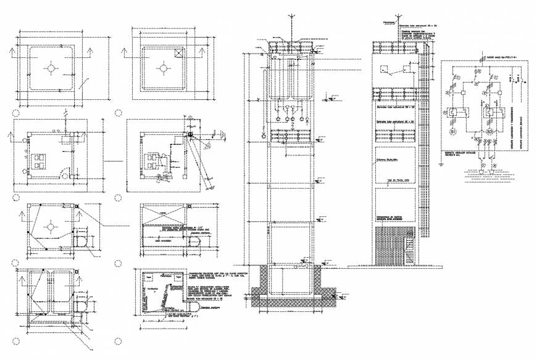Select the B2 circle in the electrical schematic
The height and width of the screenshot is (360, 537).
pyautogui.click(x=488, y=131)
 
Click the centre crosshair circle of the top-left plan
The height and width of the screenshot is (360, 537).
pyautogui.click(x=52, y=68)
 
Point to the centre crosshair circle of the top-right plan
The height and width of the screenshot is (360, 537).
pyautogui.click(x=162, y=68)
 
